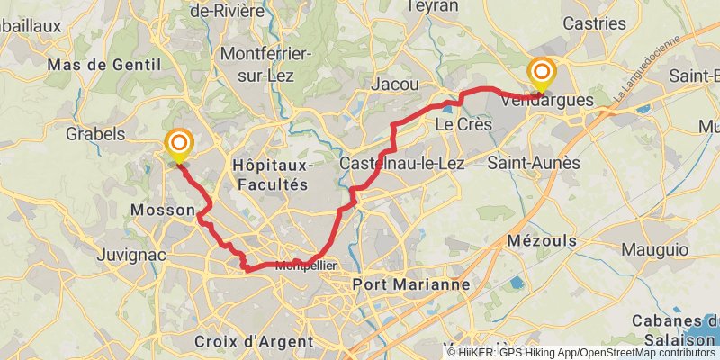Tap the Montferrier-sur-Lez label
pyautogui.click(x=265, y=64)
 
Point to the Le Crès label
pyautogui.click(x=461, y=123)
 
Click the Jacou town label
pyautogui.click(x=395, y=84)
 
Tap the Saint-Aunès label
pyautogui.click(x=534, y=163)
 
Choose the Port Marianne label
pyautogui.click(x=413, y=283)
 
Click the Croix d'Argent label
pyautogui.click(x=254, y=341)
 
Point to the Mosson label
pyautogui.click(x=163, y=211)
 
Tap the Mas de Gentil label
pyautogui.click(x=103, y=65)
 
